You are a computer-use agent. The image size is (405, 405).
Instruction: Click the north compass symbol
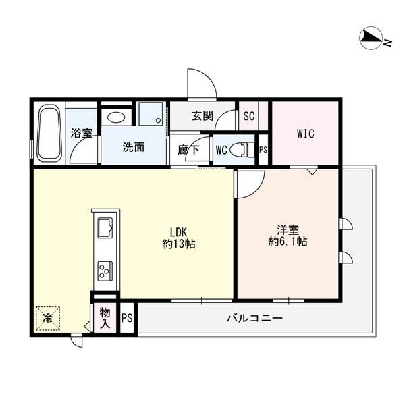[x=375, y=39]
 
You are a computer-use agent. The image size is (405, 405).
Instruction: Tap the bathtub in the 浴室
[x=49, y=133]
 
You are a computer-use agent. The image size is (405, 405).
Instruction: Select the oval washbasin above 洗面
[x=116, y=117]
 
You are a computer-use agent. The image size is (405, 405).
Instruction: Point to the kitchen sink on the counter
[x=105, y=227]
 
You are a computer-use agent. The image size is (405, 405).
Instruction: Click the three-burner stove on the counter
[x=105, y=271]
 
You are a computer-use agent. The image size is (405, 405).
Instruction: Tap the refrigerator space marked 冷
[x=48, y=319]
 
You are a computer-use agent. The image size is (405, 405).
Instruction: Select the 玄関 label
[x=202, y=115]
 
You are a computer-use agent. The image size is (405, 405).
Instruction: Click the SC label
[x=249, y=116]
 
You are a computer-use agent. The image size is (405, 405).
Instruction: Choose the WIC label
[x=306, y=134]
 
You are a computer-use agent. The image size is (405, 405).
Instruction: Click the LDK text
[x=178, y=232]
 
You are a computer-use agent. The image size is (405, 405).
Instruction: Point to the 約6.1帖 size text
[x=288, y=242]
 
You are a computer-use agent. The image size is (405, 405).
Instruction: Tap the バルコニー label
[x=255, y=318]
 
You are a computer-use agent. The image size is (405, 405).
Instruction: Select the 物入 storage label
[x=105, y=318]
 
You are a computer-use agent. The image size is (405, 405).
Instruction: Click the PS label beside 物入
[x=127, y=318]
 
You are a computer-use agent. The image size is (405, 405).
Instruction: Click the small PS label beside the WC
[x=263, y=150]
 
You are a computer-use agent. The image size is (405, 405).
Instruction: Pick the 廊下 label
[x=189, y=150]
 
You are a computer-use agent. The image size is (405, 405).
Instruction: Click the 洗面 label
[x=133, y=147]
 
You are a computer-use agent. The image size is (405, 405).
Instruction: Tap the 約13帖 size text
[x=179, y=244]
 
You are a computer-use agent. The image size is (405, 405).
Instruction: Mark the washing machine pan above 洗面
[x=151, y=114]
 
